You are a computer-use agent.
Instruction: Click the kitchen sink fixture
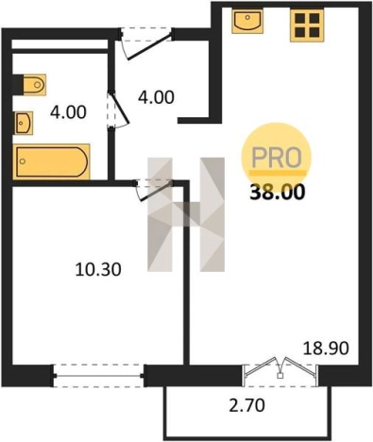[247, 21]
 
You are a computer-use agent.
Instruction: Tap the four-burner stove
[307, 25]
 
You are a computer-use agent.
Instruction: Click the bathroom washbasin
[24, 123]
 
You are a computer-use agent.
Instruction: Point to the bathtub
[51, 161]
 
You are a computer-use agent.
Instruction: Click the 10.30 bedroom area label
[98, 270]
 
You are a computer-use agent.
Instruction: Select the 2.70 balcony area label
[246, 405]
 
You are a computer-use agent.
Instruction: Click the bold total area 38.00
[278, 192]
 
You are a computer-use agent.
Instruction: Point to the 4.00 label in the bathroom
[68, 112]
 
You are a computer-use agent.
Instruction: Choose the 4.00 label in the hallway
[156, 97]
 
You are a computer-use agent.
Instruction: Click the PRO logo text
[277, 157]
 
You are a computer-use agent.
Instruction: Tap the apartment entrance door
[146, 42]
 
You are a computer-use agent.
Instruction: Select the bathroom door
[117, 110]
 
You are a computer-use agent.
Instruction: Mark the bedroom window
[99, 376]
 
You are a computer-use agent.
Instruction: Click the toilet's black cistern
[18, 84]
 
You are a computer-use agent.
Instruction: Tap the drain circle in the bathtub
[23, 161]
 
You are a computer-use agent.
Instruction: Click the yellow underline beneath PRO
[278, 173]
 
